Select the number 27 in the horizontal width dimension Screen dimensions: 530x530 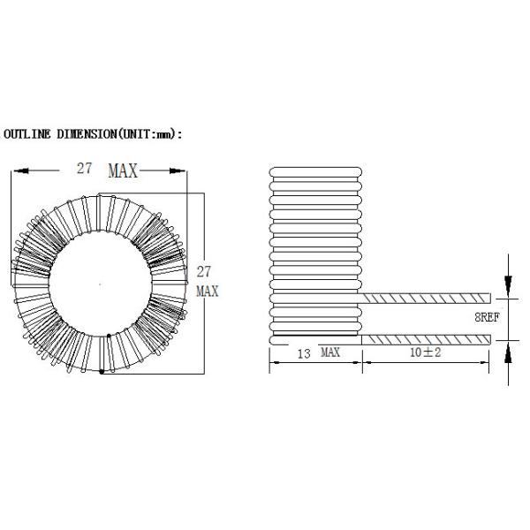click(x=85, y=170)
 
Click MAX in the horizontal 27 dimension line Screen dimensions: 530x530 click(x=123, y=171)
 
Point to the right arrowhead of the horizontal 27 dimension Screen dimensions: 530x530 click(x=182, y=171)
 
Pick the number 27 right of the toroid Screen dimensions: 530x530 click(x=204, y=272)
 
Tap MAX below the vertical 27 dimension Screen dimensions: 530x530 click(x=207, y=291)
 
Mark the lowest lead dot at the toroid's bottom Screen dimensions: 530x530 click(x=102, y=372)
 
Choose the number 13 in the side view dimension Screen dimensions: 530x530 click(x=302, y=352)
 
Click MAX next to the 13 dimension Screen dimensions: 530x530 click(x=330, y=352)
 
